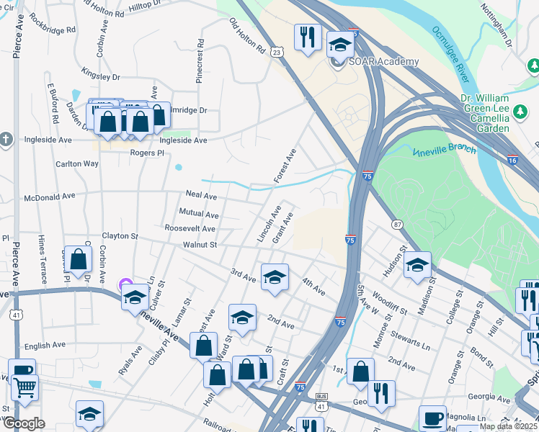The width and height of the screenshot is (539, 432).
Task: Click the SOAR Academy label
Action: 383,61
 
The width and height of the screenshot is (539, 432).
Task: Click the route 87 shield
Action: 397,225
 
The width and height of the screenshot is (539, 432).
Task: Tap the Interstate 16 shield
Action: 512,161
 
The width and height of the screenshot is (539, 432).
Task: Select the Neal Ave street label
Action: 201,195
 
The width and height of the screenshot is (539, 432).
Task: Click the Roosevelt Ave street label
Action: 190,229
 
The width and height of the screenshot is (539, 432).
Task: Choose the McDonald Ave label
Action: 50,195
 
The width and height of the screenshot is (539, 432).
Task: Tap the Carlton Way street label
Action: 77,163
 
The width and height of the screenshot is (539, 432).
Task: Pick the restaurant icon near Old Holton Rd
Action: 308,36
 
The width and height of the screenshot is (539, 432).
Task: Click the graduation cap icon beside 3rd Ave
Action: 275,277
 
